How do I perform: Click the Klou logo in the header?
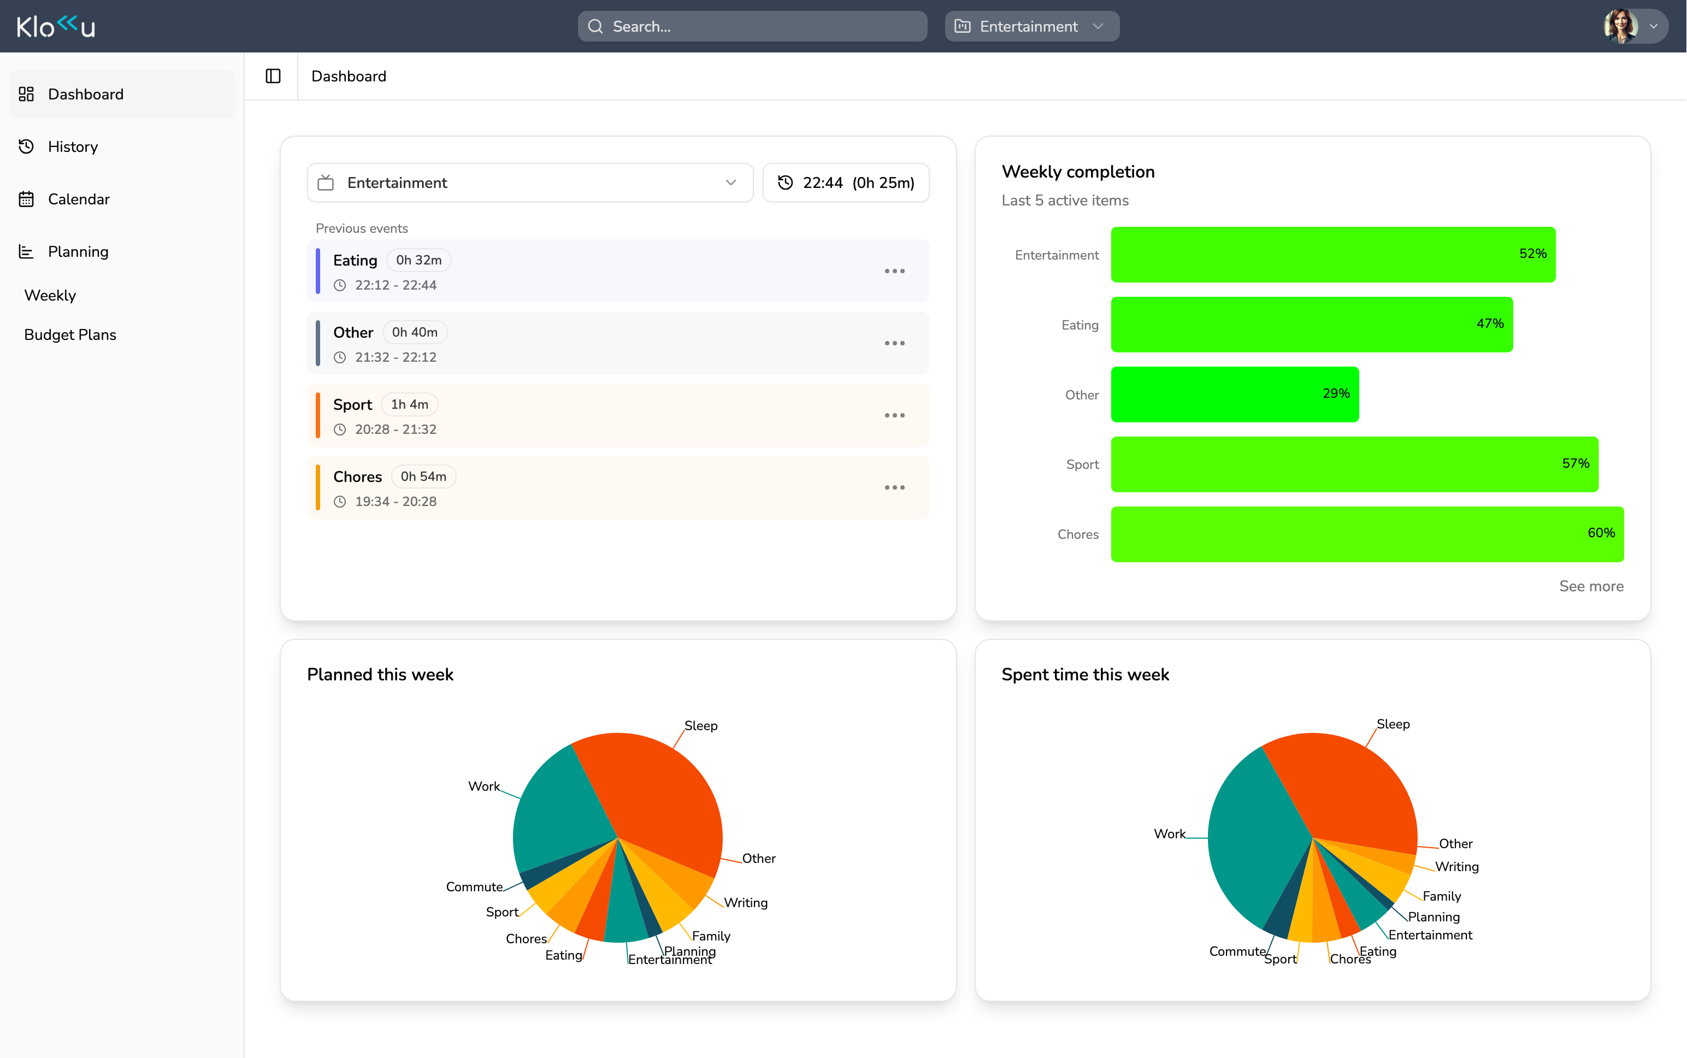(56, 27)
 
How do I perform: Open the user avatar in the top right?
(1621, 27)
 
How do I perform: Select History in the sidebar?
(73, 147)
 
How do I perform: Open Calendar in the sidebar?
(78, 199)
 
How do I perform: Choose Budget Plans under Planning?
(70, 334)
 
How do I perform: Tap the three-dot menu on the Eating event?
(894, 272)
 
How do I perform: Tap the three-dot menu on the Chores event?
(894, 487)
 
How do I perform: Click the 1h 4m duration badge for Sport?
(409, 404)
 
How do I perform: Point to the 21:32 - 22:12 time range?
(395, 357)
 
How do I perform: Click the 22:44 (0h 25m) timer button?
(846, 183)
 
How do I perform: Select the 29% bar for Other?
(1235, 395)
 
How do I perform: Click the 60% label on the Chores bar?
(1600, 533)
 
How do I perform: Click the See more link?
(1590, 586)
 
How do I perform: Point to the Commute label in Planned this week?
(474, 887)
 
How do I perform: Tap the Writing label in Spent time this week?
(1456, 867)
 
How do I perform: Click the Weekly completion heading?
(1077, 172)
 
